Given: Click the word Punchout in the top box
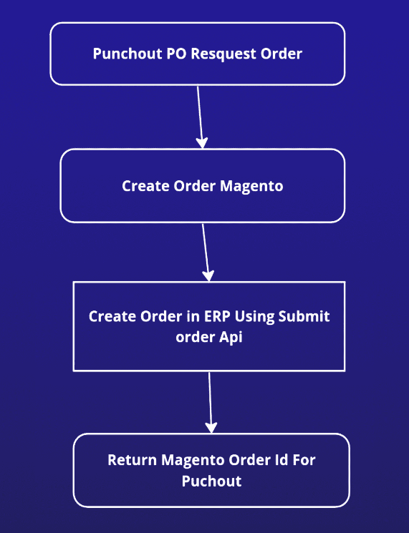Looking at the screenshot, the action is click(127, 54).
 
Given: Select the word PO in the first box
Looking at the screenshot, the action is click(177, 54).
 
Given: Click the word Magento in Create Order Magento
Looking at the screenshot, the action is click(251, 186).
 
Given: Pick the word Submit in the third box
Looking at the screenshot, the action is click(304, 316).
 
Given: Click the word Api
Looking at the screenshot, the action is click(231, 337).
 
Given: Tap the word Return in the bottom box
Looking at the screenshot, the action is click(132, 460).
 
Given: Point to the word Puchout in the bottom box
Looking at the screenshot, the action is click(211, 481).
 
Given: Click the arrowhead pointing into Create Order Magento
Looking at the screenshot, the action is click(202, 143).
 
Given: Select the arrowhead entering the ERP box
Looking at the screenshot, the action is click(208, 275).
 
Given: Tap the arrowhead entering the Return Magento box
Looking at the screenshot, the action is click(211, 428).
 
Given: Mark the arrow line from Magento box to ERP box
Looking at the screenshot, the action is click(205, 253).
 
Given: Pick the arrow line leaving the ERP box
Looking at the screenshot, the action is click(210, 402).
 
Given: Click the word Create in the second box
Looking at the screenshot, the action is click(145, 186).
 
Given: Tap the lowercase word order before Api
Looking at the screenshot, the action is click(196, 337).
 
